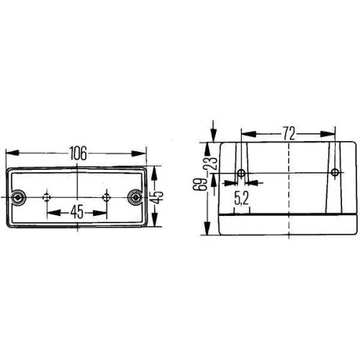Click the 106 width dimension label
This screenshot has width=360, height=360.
(x=77, y=153)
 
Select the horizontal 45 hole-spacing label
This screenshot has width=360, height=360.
(x=76, y=213)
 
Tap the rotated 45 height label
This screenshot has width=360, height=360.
(x=160, y=195)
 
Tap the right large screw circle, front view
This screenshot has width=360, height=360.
(x=134, y=197)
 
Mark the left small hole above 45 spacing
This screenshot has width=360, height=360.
(x=48, y=197)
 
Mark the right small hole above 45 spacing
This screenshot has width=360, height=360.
(x=106, y=197)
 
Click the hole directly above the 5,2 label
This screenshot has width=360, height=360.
(x=241, y=174)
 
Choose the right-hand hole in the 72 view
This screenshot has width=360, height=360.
(x=334, y=174)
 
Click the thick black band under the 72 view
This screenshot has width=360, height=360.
(x=288, y=216)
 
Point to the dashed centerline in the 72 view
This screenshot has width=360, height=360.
(x=288, y=187)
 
